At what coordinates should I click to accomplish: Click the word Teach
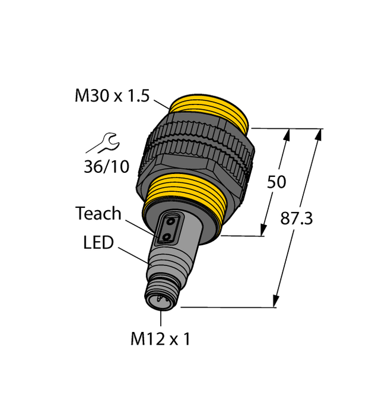pos(98,214)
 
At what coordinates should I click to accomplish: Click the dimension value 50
pos(277,182)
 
